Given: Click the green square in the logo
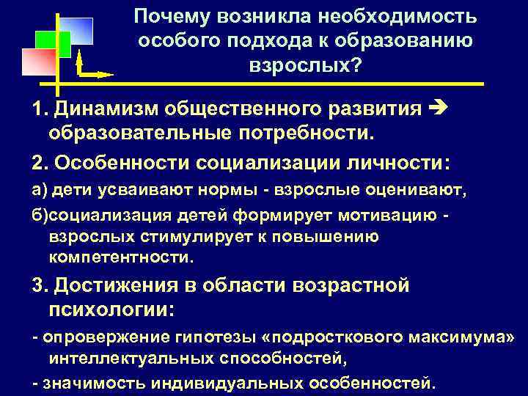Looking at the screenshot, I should point(54,45).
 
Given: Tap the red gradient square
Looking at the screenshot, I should point(38,63).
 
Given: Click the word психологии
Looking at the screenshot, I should point(110,309).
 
